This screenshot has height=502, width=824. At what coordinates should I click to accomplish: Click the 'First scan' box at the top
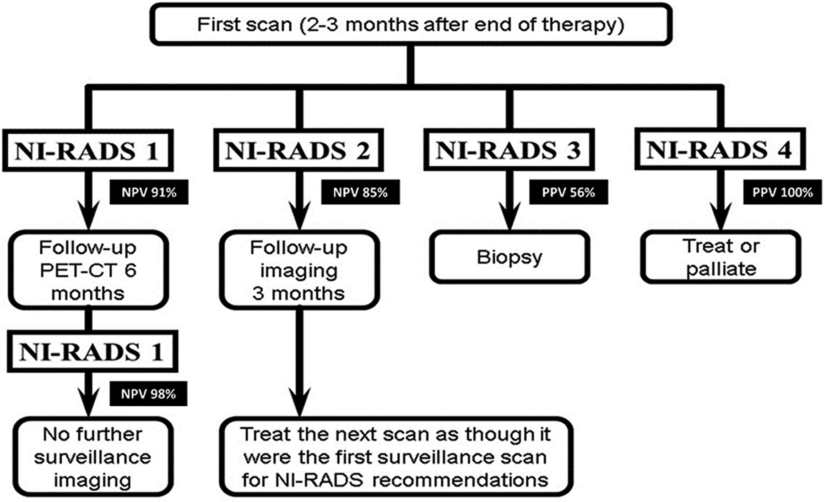411,24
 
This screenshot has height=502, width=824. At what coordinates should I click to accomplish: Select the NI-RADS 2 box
298,151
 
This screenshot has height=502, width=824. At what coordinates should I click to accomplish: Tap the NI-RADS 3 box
509,150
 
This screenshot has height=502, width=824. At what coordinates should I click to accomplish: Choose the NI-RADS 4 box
720,149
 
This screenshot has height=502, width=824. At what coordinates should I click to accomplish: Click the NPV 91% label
149,192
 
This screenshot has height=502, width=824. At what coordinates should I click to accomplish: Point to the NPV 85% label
360,192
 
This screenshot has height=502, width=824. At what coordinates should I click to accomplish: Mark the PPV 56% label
569,192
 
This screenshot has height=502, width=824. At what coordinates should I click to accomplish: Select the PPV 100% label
782,192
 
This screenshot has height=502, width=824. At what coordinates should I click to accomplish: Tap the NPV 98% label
148,394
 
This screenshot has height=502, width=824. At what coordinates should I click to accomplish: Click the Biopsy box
510,257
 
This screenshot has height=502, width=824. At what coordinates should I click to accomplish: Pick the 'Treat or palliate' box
721,257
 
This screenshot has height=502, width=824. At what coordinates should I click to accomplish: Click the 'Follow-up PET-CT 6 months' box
88,270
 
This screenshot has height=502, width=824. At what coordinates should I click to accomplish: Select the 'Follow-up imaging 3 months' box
299,270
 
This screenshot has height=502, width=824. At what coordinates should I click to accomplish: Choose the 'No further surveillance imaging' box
93,457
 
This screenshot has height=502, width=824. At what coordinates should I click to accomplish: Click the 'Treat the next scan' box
396,457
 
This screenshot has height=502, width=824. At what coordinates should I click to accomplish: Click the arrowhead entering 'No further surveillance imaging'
88,402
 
